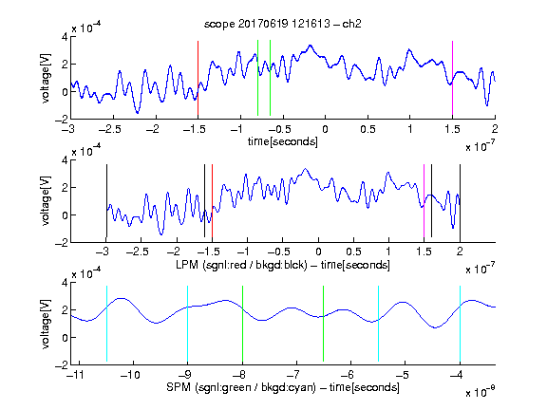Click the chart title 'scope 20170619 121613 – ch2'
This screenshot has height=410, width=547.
[283, 24]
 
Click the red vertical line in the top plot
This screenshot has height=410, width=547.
[198, 78]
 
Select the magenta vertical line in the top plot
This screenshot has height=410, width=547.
[452, 78]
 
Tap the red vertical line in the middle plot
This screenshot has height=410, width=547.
[212, 201]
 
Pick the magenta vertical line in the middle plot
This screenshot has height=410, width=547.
[424, 201]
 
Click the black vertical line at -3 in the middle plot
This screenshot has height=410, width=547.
[106, 201]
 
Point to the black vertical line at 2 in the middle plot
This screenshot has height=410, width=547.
[460, 201]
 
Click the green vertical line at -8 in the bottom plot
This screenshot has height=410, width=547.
[242, 324]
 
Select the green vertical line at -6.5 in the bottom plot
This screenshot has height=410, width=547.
[324, 324]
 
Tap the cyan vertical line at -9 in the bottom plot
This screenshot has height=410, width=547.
[188, 324]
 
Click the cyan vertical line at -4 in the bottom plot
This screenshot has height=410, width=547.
[460, 324]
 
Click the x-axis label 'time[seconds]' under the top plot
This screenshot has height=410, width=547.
[283, 141]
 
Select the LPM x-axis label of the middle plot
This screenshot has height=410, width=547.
[283, 265]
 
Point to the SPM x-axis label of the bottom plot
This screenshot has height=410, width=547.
[283, 387]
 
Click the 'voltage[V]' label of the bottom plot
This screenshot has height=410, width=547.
[46, 324]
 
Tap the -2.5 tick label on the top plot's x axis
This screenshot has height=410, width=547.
[109, 129]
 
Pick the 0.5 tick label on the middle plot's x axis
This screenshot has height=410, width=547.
[353, 252]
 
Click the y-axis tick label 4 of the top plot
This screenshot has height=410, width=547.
[65, 37]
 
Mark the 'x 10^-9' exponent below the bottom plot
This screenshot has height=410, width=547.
[480, 391]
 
